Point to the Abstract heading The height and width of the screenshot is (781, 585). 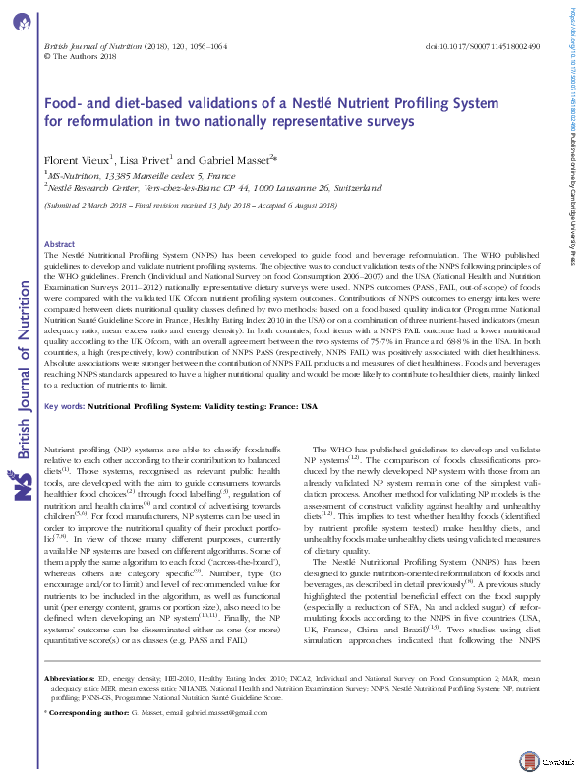click(60, 243)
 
